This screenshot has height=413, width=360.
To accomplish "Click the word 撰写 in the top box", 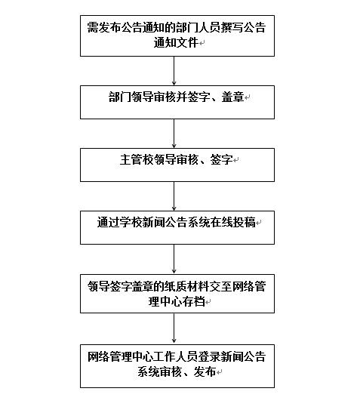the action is pos(232,27).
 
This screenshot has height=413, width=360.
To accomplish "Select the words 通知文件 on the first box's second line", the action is pos(176,42).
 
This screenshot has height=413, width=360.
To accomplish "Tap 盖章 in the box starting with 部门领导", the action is pos(232,97).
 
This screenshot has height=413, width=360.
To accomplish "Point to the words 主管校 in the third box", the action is pos(137,159).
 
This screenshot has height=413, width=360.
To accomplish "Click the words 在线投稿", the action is pos(233,222).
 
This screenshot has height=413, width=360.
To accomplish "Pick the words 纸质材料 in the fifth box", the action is pos(187,286).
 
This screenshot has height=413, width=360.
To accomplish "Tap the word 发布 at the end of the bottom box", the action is pos(205,371).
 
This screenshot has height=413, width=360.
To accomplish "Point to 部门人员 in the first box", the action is pos(198,27).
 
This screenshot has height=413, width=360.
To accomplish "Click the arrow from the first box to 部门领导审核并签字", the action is pos(174,71).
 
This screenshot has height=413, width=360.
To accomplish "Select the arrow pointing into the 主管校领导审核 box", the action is pos(174,134).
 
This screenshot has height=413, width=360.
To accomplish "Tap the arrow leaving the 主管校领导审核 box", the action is pos(174,196).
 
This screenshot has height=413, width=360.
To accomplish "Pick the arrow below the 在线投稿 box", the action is pos(174,259).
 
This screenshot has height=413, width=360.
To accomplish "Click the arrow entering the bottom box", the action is pos(174,328).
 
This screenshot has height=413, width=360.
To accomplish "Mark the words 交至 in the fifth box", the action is pos(220,286).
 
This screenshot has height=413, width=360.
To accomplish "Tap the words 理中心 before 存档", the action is pos(165,301).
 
